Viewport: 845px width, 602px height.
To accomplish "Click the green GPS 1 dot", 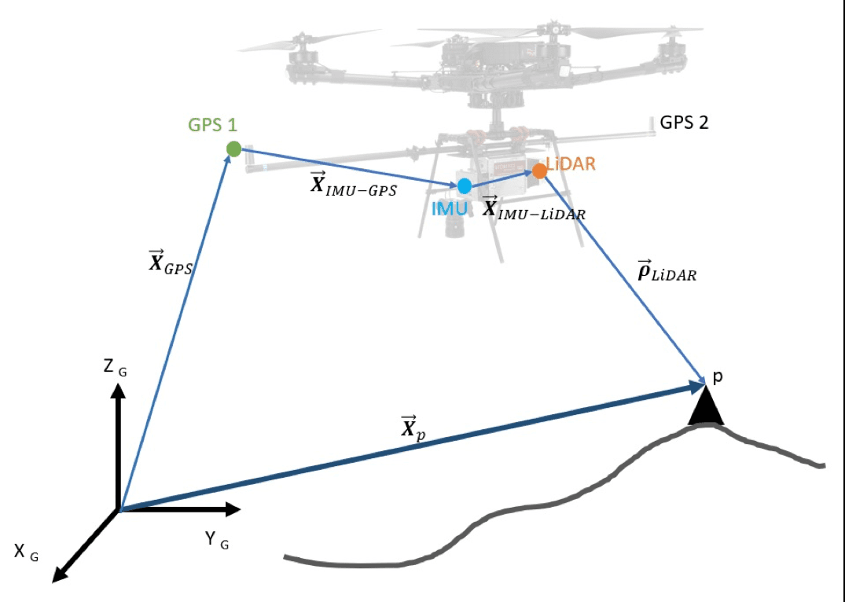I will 233,149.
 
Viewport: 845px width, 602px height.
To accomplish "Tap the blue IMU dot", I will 465,186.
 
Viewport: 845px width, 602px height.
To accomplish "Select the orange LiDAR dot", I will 539,170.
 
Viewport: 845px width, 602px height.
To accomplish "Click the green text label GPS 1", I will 212,125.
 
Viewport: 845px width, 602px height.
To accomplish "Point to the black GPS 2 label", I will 684,123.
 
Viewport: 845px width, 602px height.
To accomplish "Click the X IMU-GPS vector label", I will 354,186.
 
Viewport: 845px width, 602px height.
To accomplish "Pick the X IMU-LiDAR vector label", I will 533,209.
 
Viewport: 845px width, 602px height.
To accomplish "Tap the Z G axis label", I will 115,366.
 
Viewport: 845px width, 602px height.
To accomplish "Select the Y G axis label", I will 216,540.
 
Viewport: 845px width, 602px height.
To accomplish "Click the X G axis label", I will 25,552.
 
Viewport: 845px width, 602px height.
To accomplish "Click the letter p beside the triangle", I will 717,377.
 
